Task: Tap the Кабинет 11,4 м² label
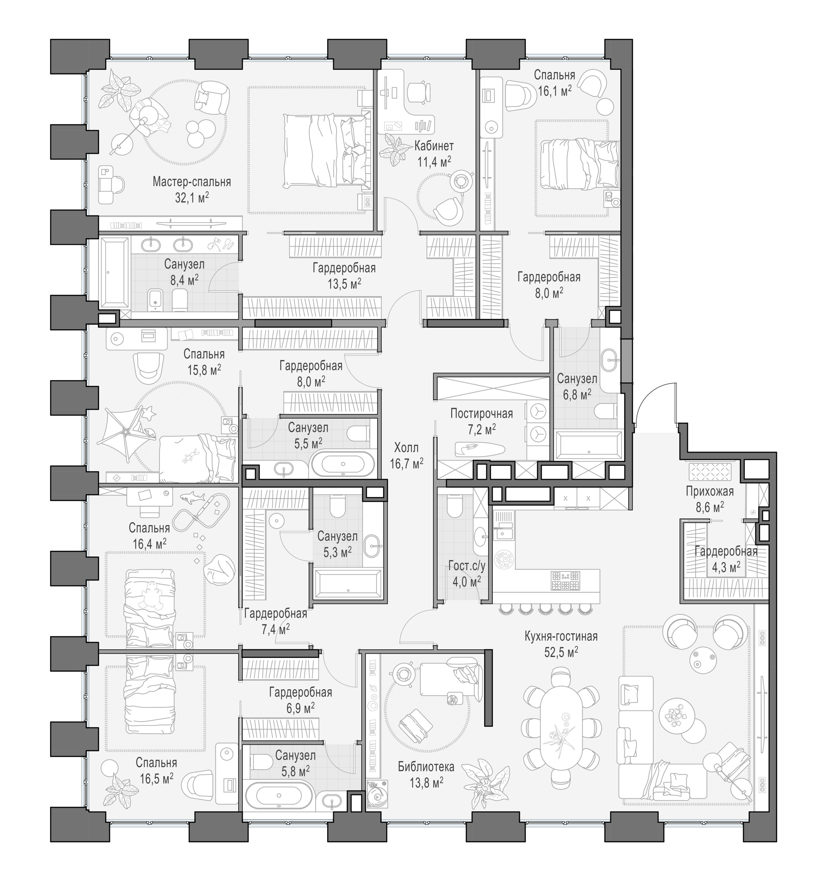pyautogui.click(x=434, y=153)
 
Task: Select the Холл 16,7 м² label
pyautogui.click(x=406, y=455)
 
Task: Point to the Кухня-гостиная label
pyautogui.click(x=561, y=636)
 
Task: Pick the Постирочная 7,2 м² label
pyautogui.click(x=481, y=421)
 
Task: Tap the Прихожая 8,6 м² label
pyautogui.click(x=710, y=499)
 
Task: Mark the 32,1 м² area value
pyautogui.click(x=191, y=197)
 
